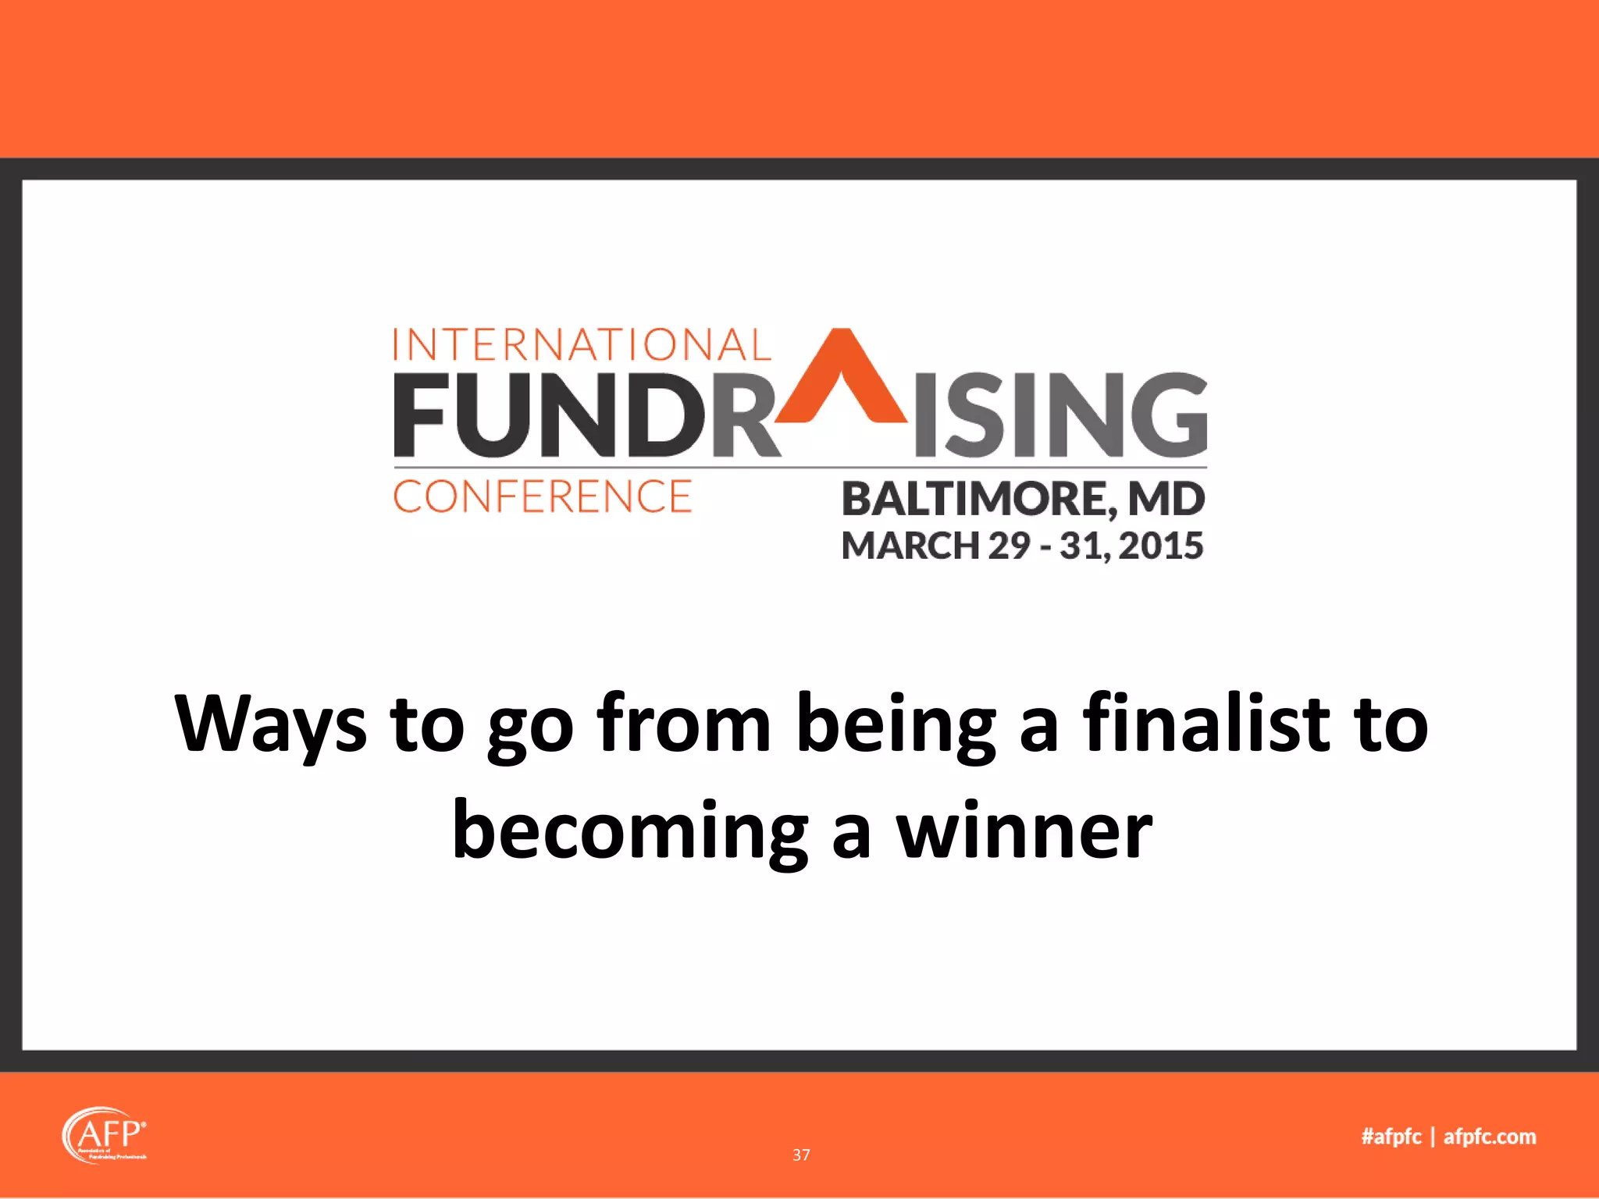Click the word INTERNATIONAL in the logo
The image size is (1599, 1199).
coord(582,345)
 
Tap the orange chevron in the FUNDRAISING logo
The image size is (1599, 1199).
coord(842,371)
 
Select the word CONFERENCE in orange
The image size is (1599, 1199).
coord(543,497)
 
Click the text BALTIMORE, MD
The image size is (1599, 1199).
coord(1023,500)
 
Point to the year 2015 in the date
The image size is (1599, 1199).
coord(1161,546)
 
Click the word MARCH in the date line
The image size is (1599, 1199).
coord(910,546)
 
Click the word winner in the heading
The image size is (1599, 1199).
coord(1024,830)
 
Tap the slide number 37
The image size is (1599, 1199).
coord(801,1155)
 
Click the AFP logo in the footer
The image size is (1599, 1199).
coord(105,1135)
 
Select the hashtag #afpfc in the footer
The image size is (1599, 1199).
coord(1391,1137)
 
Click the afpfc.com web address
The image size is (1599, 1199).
coord(1490,1137)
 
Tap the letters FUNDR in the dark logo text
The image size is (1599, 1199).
coord(586,415)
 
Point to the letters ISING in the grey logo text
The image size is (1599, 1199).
coord(1060,415)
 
